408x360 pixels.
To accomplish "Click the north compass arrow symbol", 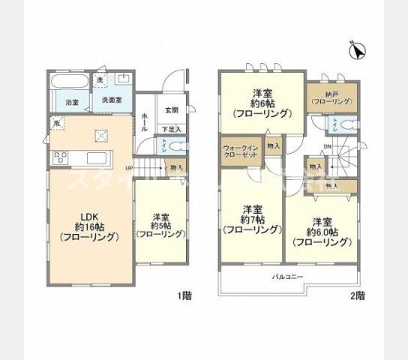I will pyautogui.click(x=358, y=52).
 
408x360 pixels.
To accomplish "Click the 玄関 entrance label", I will pyautogui.click(x=172, y=110).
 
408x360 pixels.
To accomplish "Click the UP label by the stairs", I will pyautogui.click(x=129, y=167).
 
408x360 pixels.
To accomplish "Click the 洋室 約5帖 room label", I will pyautogui.click(x=160, y=223).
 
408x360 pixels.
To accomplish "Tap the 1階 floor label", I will pyautogui.click(x=184, y=296).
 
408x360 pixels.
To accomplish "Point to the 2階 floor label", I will pyautogui.click(x=357, y=296).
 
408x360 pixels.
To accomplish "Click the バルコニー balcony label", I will pyautogui.click(x=286, y=277).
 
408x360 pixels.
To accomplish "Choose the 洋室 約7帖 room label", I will pyautogui.click(x=250, y=219).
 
